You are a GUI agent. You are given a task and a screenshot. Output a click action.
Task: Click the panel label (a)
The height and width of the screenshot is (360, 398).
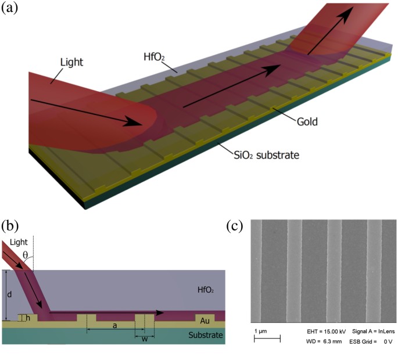click(x=11, y=9)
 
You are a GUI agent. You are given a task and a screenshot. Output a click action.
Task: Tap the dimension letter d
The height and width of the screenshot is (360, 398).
click(x=8, y=295)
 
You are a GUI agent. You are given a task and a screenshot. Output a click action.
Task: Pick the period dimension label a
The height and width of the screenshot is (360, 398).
click(x=114, y=326)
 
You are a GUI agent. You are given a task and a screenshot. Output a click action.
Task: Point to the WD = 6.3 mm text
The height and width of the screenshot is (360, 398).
click(x=324, y=341)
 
